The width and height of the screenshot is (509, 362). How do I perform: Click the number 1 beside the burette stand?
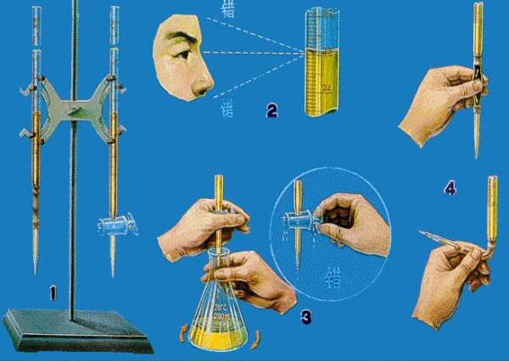(53, 293)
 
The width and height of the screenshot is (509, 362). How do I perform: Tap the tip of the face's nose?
(206, 88)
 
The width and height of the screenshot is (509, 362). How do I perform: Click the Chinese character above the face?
(227, 10)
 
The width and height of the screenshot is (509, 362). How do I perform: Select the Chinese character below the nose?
(227, 108)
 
